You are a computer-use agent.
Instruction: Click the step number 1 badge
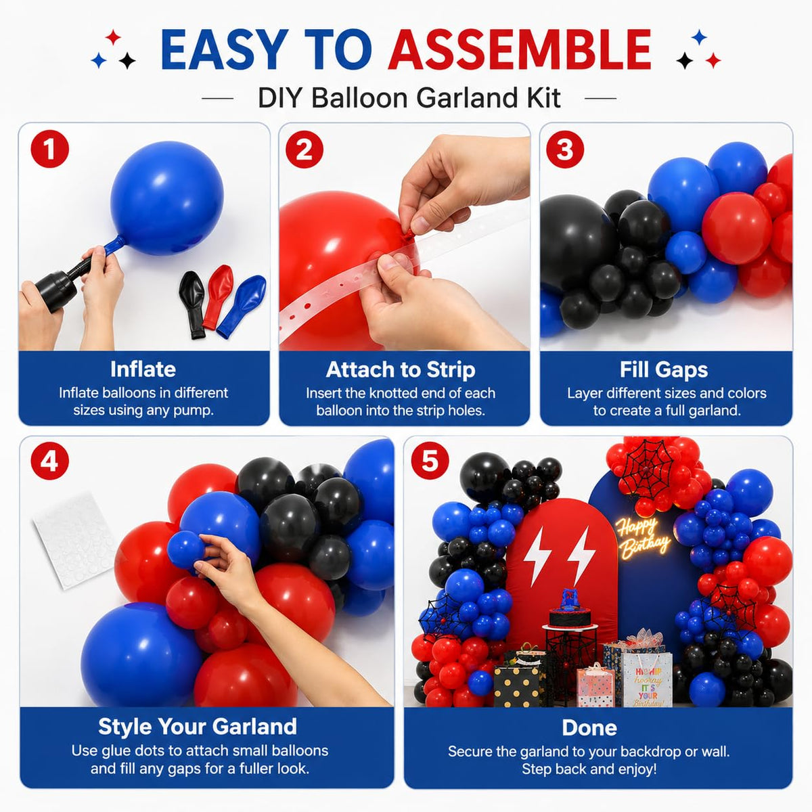pos(49,149)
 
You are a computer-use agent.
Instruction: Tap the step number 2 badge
pos(304,150)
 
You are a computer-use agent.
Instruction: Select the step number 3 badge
pos(565,150)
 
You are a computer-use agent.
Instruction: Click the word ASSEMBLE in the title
pos(520,49)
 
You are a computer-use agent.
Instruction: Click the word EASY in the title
pos(225,49)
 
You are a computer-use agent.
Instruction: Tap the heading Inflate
pos(143,369)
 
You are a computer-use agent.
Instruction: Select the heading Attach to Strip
pos(401,370)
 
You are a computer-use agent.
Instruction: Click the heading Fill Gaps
pos(664,370)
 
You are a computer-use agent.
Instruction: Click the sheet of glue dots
pos(74,540)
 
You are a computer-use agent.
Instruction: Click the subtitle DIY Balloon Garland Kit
pos(409,98)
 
